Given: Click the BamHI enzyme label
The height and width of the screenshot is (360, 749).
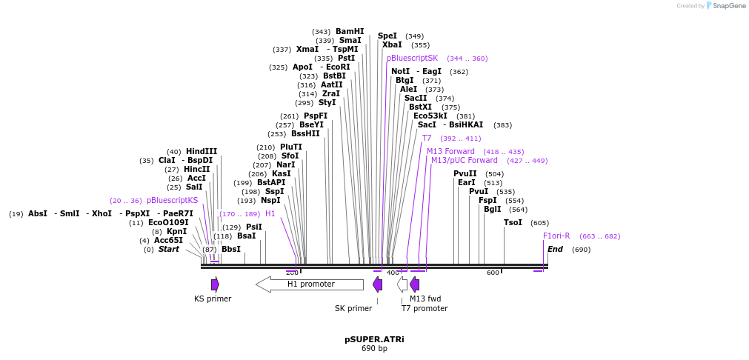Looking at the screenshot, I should [x=350, y=31].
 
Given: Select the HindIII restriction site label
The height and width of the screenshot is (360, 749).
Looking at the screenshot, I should [x=202, y=151].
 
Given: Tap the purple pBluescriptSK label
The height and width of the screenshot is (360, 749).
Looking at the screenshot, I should [x=412, y=58].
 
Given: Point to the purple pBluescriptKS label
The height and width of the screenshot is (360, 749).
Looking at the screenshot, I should [x=172, y=200].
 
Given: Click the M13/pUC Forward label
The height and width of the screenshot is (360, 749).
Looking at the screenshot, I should [x=465, y=160].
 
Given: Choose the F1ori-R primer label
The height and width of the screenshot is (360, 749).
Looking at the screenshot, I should [x=556, y=236].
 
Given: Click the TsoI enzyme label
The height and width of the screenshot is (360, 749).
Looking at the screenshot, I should [x=513, y=222].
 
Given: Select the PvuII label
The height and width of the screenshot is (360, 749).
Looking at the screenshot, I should [x=465, y=173].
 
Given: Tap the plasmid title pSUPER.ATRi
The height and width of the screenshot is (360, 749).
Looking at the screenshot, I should [x=374, y=339].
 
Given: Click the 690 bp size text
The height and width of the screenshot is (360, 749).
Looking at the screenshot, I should [x=374, y=348].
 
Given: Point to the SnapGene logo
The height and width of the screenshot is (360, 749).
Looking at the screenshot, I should [x=725, y=6].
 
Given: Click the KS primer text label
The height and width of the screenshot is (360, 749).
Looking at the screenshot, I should [x=213, y=299].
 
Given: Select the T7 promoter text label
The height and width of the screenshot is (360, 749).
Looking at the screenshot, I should [x=425, y=308].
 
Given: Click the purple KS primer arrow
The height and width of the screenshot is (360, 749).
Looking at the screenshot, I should [x=215, y=284].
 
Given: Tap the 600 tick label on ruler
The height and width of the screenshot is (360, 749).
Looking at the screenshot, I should [x=493, y=273].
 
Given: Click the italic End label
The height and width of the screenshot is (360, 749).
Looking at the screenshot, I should [x=555, y=249].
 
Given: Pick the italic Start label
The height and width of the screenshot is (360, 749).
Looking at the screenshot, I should [x=169, y=249].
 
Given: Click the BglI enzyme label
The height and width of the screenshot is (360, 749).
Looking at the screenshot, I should [x=492, y=209].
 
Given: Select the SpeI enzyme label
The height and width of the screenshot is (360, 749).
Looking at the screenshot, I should [x=387, y=36].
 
